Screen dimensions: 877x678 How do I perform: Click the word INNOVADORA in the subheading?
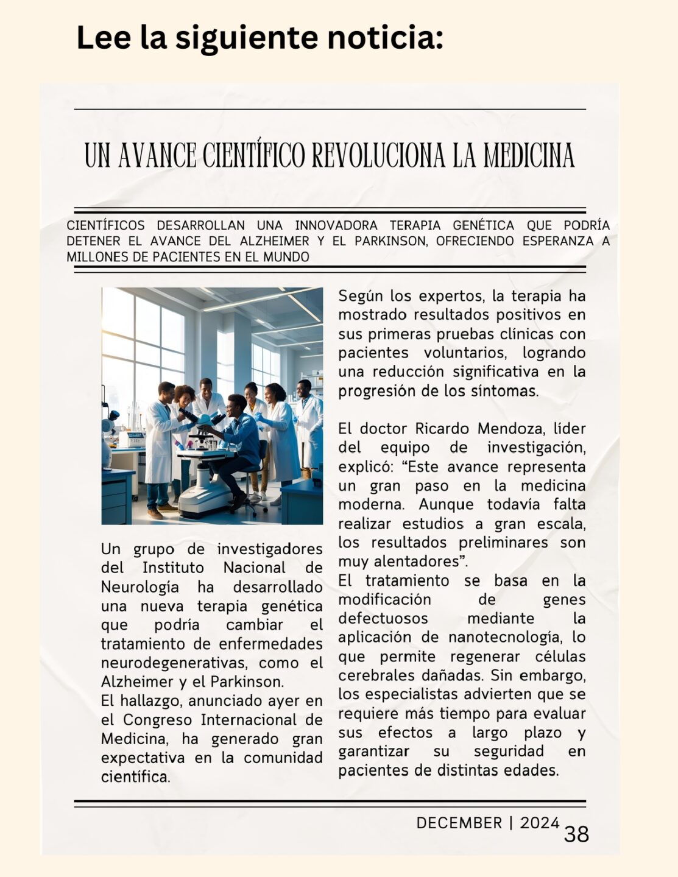[336, 226]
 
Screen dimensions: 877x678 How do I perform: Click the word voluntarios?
[465, 353]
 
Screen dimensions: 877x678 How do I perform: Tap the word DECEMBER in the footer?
[459, 823]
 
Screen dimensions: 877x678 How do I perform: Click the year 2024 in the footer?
[540, 823]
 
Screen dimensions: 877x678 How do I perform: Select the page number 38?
[576, 834]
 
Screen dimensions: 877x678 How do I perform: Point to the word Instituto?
[173, 568]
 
